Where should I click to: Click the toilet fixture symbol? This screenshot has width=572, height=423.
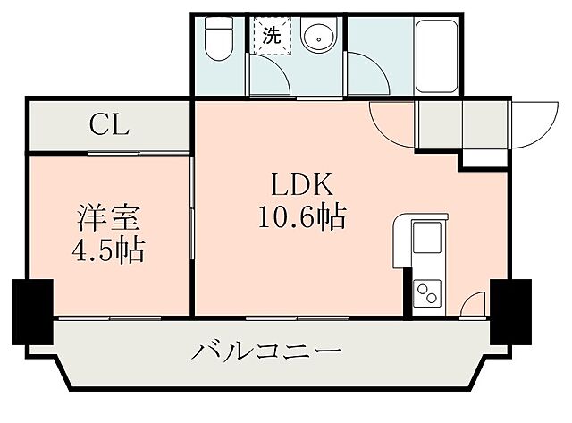click(x=218, y=40)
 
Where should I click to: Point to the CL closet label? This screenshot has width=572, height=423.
click(x=109, y=125)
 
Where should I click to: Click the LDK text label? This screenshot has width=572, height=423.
click(x=303, y=185)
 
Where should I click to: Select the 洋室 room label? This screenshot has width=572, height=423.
click(x=106, y=216)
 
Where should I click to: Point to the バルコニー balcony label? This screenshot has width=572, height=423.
click(x=266, y=350)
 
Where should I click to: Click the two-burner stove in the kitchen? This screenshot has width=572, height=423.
click(x=426, y=292)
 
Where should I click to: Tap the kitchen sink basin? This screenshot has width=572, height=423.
click(x=427, y=240)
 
